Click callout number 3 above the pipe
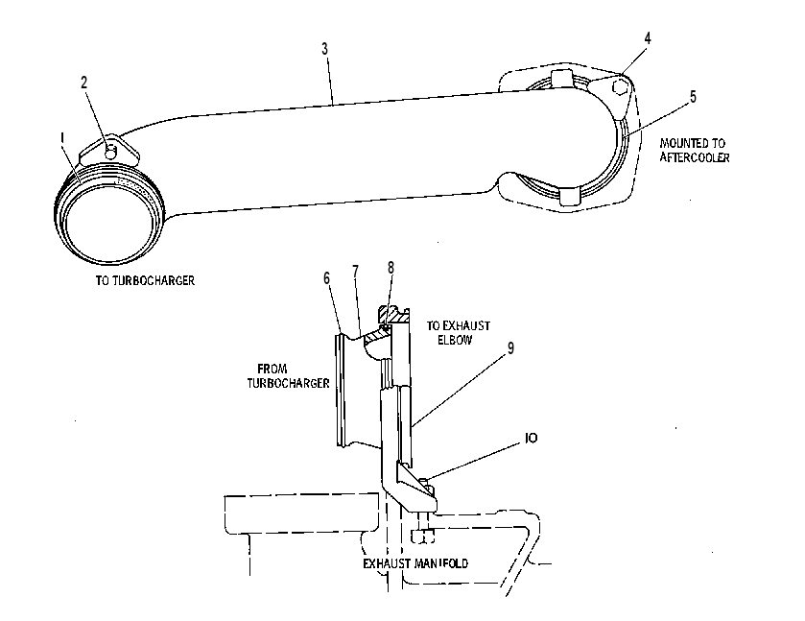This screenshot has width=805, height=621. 324,49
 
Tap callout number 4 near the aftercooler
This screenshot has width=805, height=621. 648,38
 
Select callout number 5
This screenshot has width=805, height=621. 693,97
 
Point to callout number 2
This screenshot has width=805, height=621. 84,83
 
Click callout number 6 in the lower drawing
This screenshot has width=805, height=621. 327,278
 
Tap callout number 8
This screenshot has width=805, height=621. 391,268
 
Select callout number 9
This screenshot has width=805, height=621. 510,347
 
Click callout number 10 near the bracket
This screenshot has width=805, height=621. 532,438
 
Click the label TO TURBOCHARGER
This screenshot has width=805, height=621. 145,280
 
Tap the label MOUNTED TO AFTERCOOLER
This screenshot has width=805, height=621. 694,150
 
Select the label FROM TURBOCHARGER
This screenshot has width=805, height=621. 288,376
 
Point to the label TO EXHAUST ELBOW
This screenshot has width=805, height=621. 458,333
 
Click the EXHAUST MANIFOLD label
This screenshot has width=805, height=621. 415,563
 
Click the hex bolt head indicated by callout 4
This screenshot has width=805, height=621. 619,86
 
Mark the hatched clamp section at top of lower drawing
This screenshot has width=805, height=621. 393,315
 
